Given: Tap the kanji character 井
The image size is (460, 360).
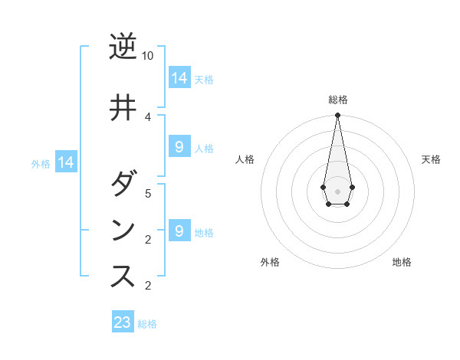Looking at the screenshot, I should (123, 107).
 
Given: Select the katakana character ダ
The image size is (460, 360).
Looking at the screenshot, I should (123, 185).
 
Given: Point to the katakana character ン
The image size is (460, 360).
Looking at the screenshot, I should (123, 231).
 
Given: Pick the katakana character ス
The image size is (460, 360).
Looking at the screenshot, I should (123, 276).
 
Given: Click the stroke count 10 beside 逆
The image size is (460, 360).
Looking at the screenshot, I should (148, 56).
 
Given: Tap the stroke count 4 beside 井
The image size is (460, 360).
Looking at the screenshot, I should (148, 116).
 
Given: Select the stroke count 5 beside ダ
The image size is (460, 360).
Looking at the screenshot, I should (148, 193).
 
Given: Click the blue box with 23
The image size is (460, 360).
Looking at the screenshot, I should (123, 322).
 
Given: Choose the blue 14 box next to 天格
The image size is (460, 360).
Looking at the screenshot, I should (179, 77).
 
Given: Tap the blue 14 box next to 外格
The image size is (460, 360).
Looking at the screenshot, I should (66, 162).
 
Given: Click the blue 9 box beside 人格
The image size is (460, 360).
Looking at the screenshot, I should (179, 147).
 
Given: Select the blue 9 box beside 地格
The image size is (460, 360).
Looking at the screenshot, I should (179, 231).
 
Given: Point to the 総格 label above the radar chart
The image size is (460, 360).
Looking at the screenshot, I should (337, 100).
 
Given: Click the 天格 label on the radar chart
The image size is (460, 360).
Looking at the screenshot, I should (431, 159).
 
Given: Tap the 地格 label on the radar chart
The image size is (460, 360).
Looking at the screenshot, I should (402, 262).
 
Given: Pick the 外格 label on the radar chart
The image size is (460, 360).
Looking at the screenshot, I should (270, 262).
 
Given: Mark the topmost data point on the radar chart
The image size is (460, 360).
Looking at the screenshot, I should (337, 116).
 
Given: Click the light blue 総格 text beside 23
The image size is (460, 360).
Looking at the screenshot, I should (147, 324).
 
